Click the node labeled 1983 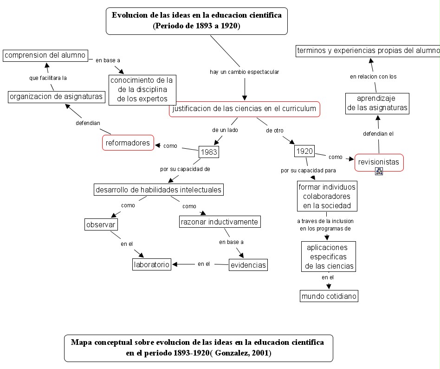tap(208, 152)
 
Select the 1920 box tap(304, 151)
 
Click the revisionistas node tap(379, 162)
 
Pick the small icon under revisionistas tap(379, 171)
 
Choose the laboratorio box tap(152, 264)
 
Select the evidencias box tap(248, 265)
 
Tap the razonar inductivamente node tap(220, 222)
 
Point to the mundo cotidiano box tap(329, 296)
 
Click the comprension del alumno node tap(45, 55)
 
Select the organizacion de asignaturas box tap(57, 97)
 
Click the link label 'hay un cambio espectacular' tap(244, 72)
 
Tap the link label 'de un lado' tap(225, 130)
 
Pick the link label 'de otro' tap(275, 131)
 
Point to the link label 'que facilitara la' tap(48, 78)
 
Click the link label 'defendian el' tap(378, 134)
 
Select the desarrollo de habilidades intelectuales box tap(158, 190)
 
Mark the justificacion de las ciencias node tap(244, 109)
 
